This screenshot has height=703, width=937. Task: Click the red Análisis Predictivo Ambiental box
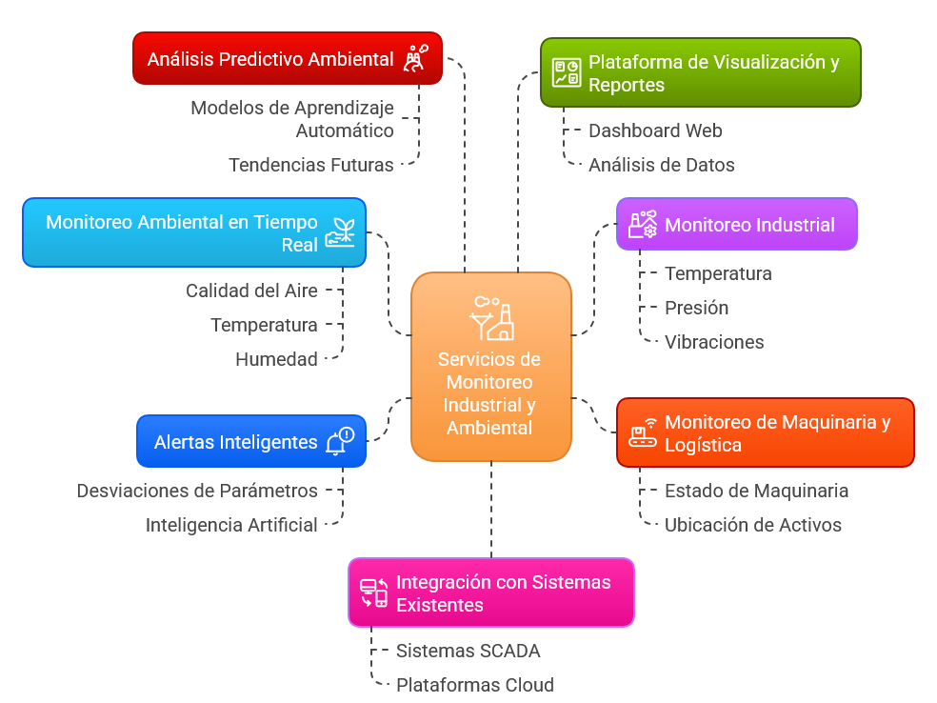pyautogui.click(x=286, y=59)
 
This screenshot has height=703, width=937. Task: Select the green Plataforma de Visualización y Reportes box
pyautogui.click(x=700, y=73)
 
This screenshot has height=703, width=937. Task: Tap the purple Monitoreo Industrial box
pyautogui.click(x=736, y=225)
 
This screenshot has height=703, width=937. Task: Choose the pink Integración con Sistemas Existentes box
pyautogui.click(x=490, y=593)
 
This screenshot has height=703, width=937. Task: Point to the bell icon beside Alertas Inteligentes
pyautogui.click(x=339, y=442)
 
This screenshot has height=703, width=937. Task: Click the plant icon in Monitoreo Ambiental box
pyautogui.click(x=340, y=232)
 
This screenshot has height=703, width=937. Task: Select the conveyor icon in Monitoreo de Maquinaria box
pyautogui.click(x=643, y=433)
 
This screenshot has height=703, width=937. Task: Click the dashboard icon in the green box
pyautogui.click(x=567, y=73)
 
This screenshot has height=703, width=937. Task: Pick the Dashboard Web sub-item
pyautogui.click(x=655, y=131)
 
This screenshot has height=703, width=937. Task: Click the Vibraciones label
pyautogui.click(x=714, y=342)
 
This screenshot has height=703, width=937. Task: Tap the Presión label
pyautogui.click(x=697, y=308)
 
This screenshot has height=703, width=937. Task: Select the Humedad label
pyautogui.click(x=276, y=359)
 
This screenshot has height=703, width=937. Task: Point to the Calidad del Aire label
pyautogui.click(x=251, y=291)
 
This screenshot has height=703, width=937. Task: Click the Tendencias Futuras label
pyautogui.click(x=311, y=165)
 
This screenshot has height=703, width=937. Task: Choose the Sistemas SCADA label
pyautogui.click(x=468, y=652)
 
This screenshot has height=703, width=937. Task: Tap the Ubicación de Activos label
pyautogui.click(x=752, y=525)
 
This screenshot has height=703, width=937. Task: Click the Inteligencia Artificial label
pyautogui.click(x=231, y=525)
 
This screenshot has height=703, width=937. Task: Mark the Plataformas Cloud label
pyautogui.click(x=474, y=685)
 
